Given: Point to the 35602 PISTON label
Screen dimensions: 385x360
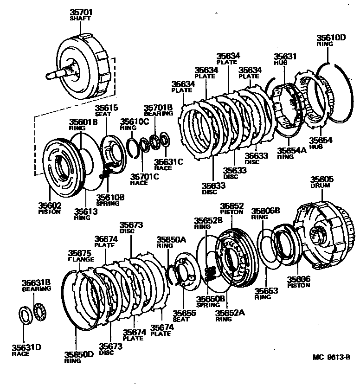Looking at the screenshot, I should (49, 208).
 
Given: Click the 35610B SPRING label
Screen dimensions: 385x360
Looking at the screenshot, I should (109, 200).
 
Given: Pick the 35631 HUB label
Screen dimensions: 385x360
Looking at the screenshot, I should (284, 59).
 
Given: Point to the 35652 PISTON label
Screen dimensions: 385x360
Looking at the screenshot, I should (231, 208).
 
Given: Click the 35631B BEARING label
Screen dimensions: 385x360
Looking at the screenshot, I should (36, 285).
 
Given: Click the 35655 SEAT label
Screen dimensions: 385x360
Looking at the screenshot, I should (184, 316).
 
